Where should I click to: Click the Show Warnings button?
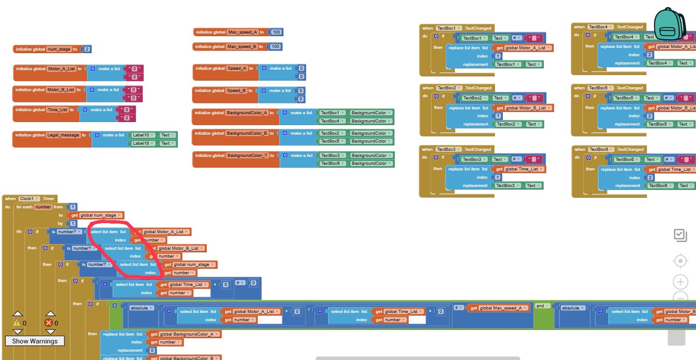click(35, 341)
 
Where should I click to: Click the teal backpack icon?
click(670, 24)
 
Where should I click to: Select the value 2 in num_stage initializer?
click(87, 49)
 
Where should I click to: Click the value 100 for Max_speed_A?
click(276, 32)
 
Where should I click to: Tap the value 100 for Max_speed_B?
click(275, 47)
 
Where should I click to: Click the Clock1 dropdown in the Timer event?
click(29, 199)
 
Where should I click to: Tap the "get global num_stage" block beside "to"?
click(96, 215)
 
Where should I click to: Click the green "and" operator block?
click(542, 306)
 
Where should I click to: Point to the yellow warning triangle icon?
click(17, 323)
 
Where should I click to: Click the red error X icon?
click(48, 323)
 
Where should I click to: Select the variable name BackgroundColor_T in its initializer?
click(247, 156)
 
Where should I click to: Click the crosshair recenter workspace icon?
click(680, 261)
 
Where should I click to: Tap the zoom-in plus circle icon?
click(680, 282)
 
